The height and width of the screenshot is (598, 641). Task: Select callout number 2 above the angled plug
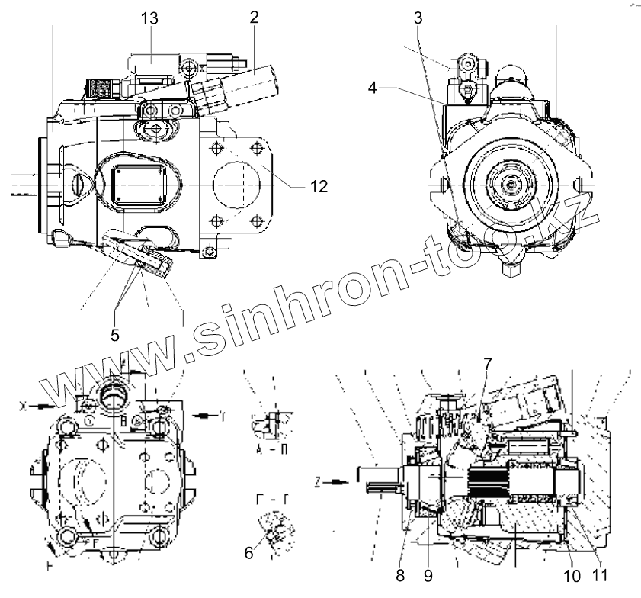tap(254, 18)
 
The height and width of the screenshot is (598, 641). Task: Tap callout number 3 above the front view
tap(418, 18)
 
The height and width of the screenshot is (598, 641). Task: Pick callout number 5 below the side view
tap(115, 334)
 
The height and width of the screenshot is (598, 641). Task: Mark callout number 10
tap(572, 574)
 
